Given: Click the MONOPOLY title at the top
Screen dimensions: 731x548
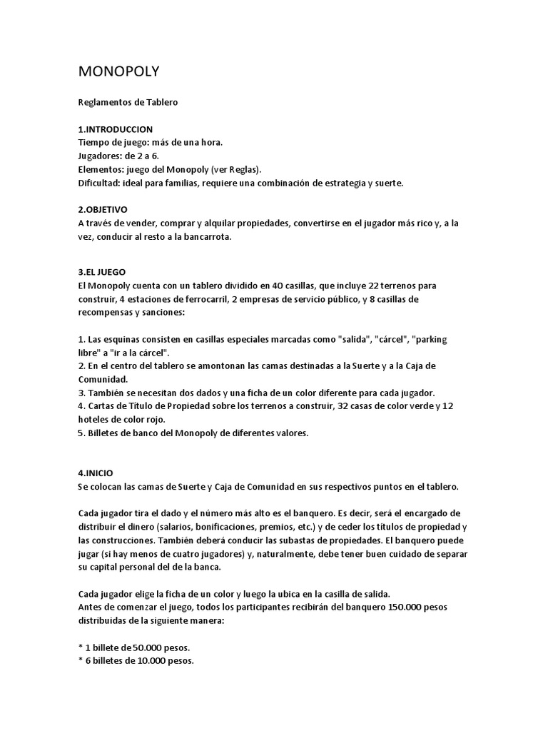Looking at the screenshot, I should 119,71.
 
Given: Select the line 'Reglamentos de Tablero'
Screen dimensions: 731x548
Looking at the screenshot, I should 128,102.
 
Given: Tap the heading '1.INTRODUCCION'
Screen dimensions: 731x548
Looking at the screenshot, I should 115,129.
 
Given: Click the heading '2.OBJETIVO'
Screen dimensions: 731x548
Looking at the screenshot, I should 102,211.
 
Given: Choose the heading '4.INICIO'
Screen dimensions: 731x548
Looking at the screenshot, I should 95,473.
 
